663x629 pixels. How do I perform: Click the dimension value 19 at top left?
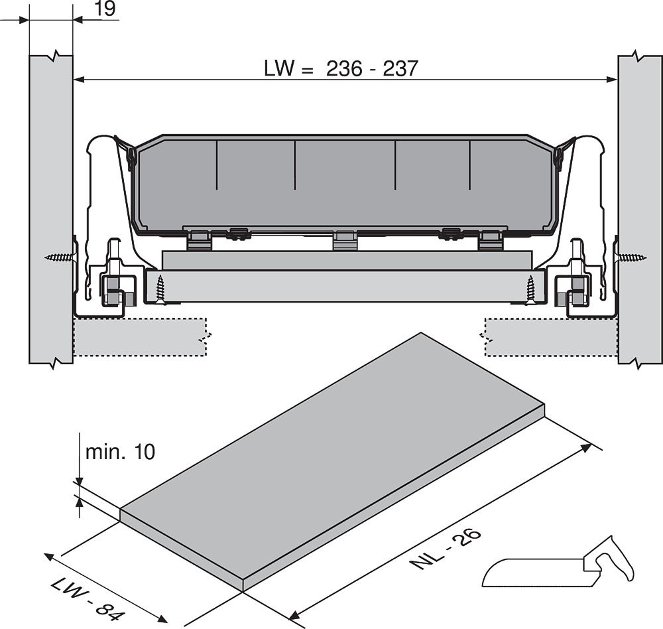(x=105, y=9)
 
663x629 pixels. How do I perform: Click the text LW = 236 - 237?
(x=341, y=68)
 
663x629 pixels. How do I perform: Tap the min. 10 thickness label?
(x=120, y=452)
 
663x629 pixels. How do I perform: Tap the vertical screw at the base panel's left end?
(x=160, y=289)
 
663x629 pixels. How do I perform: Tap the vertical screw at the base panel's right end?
(x=530, y=289)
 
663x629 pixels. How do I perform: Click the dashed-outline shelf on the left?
(x=139, y=337)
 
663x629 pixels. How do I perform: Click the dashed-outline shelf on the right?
(x=550, y=337)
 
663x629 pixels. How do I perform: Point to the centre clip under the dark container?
(x=344, y=240)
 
